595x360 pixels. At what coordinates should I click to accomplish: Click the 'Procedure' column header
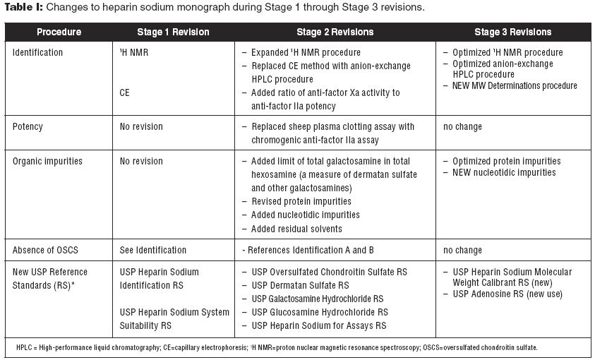pos(59,32)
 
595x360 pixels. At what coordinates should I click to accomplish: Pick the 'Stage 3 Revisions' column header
pos(513,32)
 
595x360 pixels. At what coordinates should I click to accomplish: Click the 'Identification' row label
pos(37,53)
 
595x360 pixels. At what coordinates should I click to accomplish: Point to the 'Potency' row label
pos(28,127)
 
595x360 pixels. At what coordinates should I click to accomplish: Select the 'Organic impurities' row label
pos(47,161)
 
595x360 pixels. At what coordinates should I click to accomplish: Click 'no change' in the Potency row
pos(462,127)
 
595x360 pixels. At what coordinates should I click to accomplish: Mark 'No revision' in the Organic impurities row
pos(141,161)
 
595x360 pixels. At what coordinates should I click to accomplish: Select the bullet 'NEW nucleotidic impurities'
pos(503,173)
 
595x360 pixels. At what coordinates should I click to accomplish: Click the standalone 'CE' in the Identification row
pos(125,92)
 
